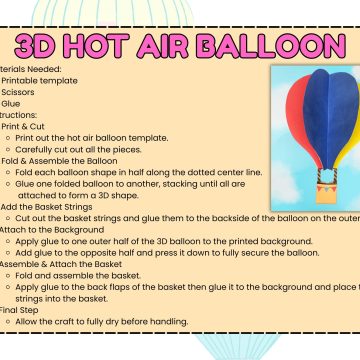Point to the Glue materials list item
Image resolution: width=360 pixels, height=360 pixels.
click(x=11, y=103)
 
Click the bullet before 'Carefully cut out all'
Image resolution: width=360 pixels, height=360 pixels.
click(x=9, y=148)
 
